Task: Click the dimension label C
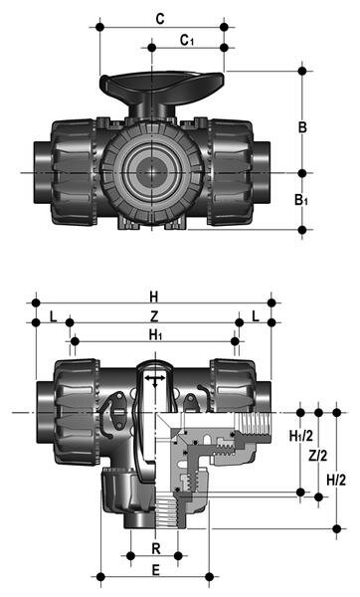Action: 161,19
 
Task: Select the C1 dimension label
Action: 186,39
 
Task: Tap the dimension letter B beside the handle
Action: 314,126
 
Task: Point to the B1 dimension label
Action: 315,200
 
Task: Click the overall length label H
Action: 153,296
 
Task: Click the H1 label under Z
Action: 154,335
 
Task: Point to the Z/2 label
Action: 318,456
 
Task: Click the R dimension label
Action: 153,548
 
